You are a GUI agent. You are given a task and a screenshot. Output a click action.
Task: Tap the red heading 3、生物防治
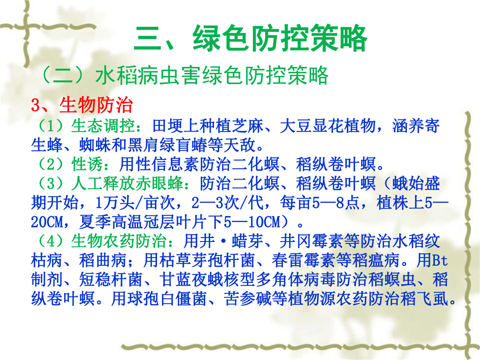[x=81, y=105]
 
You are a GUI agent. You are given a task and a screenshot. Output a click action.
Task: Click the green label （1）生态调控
[x=85, y=126]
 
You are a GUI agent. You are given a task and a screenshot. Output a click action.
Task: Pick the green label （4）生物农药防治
[x=101, y=241]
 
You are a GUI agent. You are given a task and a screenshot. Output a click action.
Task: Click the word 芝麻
[x=248, y=126]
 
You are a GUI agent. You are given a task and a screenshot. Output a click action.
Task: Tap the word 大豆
[x=295, y=126]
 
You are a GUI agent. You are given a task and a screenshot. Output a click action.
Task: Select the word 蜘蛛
[x=95, y=145]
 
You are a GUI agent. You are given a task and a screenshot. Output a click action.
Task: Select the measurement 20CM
[x=46, y=222]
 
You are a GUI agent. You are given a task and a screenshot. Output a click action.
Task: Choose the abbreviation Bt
[x=440, y=260]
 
